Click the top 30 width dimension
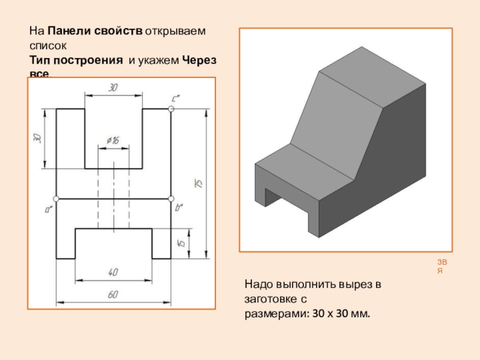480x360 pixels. tap(113, 88)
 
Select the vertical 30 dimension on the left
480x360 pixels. tap(37, 138)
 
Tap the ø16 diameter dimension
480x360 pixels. tap(113, 140)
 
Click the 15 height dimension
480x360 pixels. tap(181, 243)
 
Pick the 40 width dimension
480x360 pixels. tap(113, 272)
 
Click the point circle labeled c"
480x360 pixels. tap(171, 109)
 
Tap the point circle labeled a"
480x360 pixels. tap(56, 198)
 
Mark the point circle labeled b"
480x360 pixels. tap(171, 198)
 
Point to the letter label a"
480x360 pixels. tap(49, 209)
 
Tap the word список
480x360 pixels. tap(46, 45)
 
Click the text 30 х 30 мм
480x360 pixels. tap(341, 313)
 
